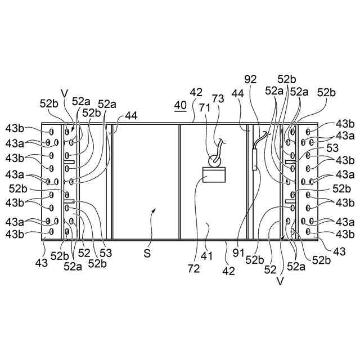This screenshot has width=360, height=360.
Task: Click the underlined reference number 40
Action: coord(180,105)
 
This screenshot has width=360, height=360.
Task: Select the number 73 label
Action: coord(218,98)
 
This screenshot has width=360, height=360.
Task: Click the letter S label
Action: coord(147,254)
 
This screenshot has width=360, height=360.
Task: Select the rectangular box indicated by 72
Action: coord(214,175)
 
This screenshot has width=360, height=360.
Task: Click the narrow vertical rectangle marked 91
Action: coord(255,160)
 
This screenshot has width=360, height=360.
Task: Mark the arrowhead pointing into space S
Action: coord(155,210)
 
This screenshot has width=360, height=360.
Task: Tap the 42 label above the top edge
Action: coord(196,92)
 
